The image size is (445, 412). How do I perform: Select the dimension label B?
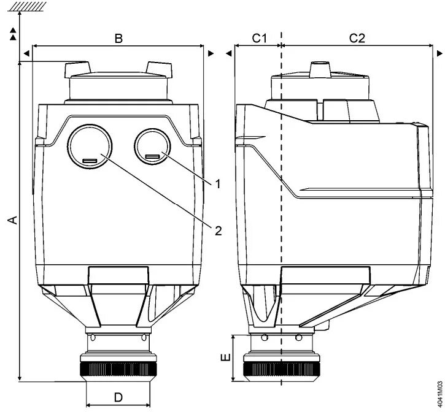119,38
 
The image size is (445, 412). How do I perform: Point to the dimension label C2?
357,38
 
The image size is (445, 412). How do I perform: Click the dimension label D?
118,398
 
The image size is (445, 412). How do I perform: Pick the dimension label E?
226,357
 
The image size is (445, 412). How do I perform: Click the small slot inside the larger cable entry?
89,161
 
